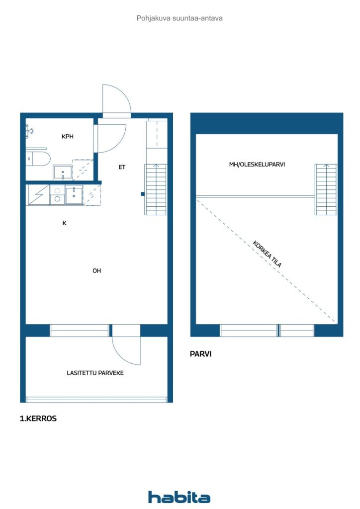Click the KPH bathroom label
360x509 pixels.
click(x=68, y=136)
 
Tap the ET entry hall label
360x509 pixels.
click(x=122, y=167)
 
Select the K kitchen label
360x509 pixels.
click(x=64, y=223)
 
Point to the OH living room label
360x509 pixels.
click(x=97, y=270)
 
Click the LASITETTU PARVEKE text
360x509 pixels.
click(x=95, y=373)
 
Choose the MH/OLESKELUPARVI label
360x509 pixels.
click(x=257, y=165)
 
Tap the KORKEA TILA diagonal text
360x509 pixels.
click(x=267, y=254)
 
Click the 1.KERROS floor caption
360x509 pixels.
click(x=38, y=419)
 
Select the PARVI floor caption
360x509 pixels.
click(x=200, y=354)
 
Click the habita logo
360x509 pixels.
click(x=179, y=497)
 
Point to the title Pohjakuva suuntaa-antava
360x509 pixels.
click(x=180, y=18)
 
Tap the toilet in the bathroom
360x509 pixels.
click(x=38, y=159)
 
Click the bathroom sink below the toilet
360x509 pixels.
click(x=63, y=172)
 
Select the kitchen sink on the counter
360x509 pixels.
click(x=74, y=195)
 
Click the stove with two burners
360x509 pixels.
click(x=57, y=195)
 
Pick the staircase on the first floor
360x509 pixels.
click(x=156, y=189)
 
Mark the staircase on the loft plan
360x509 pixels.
click(x=326, y=189)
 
